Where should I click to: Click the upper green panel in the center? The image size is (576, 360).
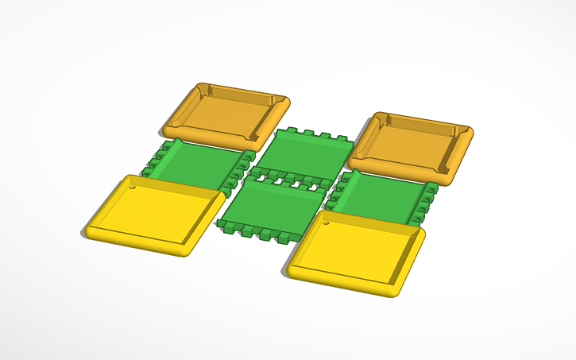point(306,153)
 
